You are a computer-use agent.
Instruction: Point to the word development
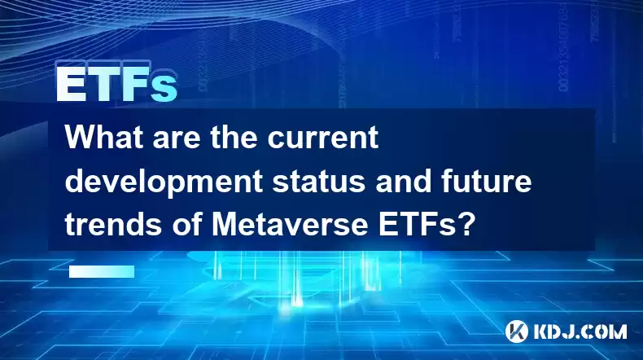(x=164, y=183)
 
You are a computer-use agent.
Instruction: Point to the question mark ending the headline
(x=466, y=225)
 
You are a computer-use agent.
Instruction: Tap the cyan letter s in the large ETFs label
(x=164, y=88)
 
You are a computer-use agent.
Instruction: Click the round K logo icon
(x=517, y=331)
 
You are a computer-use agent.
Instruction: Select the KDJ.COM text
(x=580, y=331)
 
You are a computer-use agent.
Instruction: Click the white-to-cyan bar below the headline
(x=102, y=271)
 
